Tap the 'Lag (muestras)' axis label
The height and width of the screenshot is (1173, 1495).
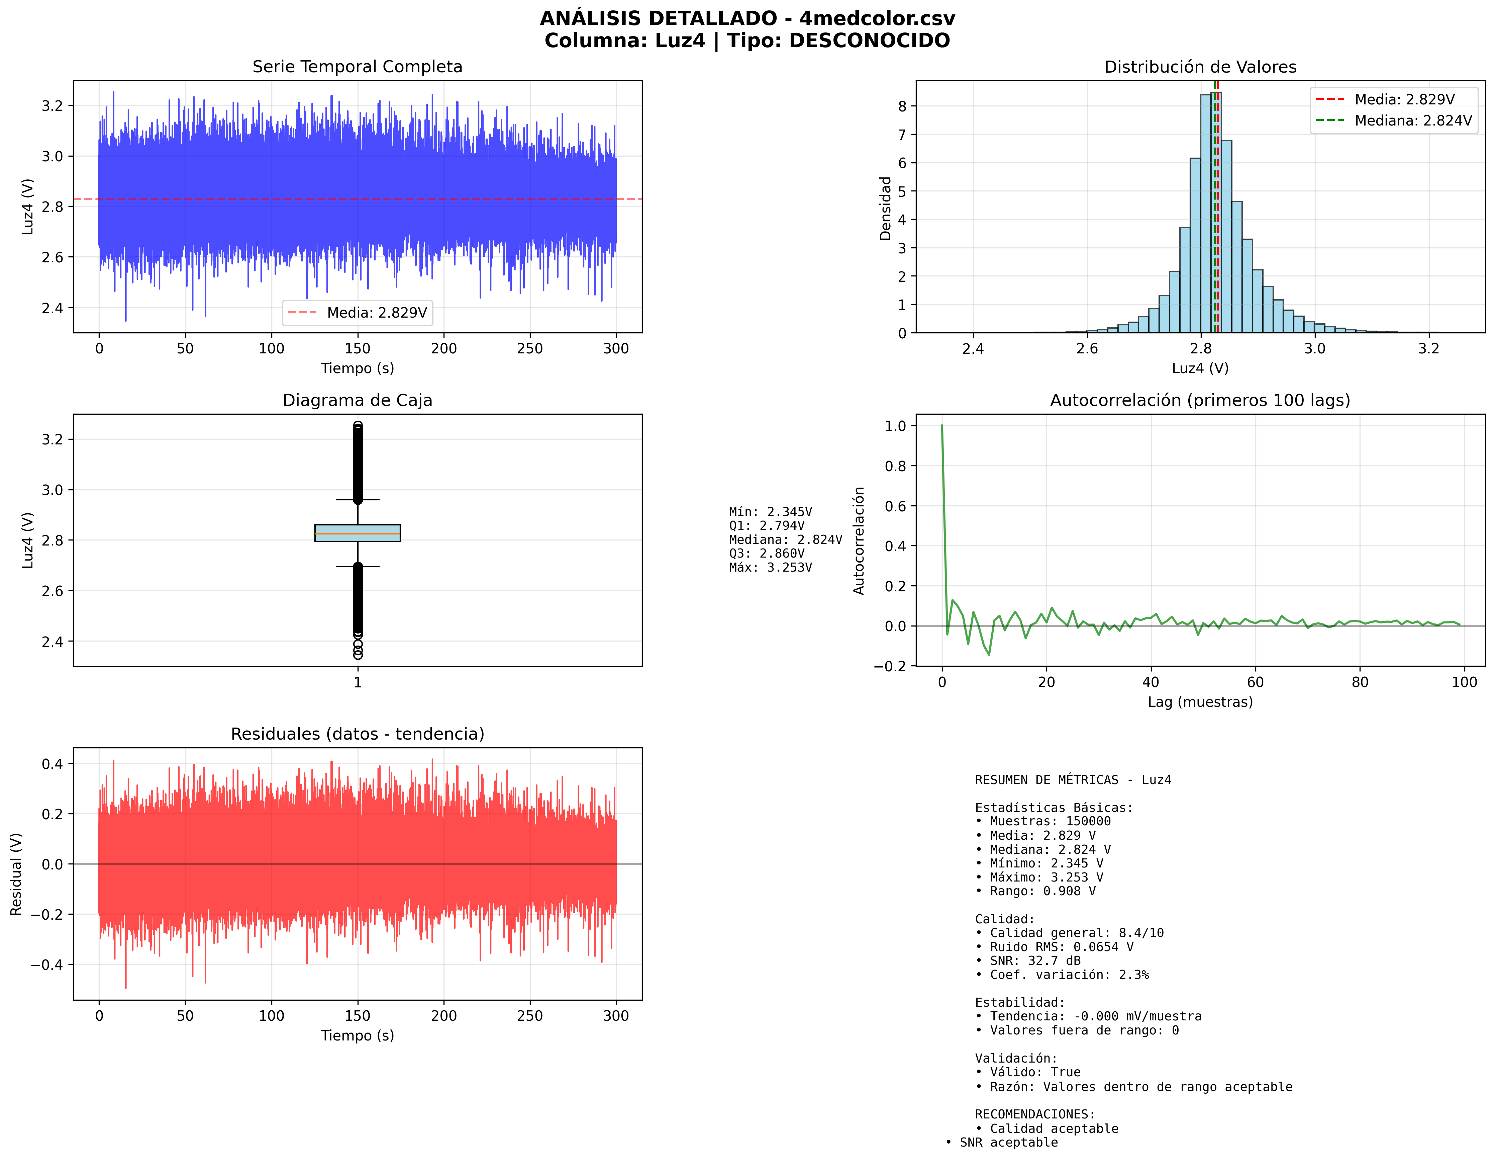click(1200, 702)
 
